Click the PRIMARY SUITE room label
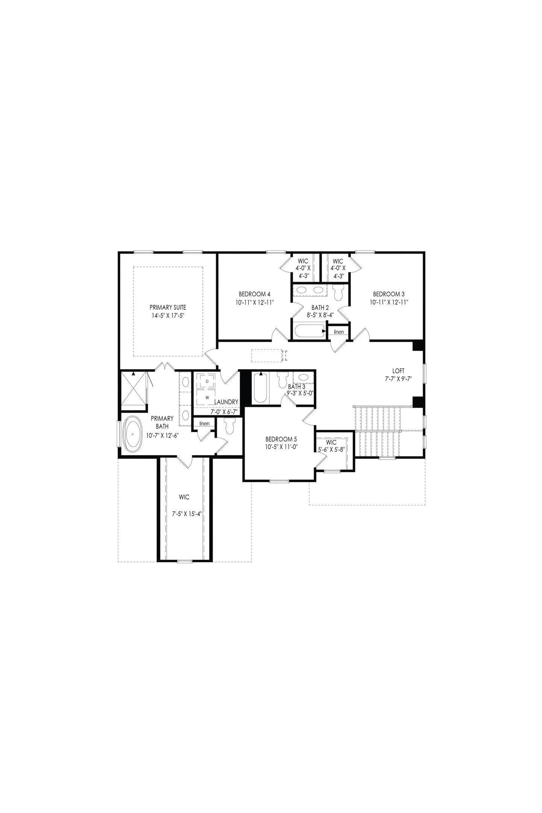[x=168, y=307]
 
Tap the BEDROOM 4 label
[x=254, y=294]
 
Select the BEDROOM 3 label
[x=389, y=294]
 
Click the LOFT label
[x=398, y=371]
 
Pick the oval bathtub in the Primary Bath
[x=132, y=434]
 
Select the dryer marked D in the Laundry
[x=207, y=381]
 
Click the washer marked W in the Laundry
[x=207, y=397]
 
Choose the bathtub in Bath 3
[x=260, y=388]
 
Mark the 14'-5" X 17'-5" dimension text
[x=168, y=316]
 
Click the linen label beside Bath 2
[x=339, y=332]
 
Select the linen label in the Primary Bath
[x=204, y=423]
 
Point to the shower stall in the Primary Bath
[x=133, y=391]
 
